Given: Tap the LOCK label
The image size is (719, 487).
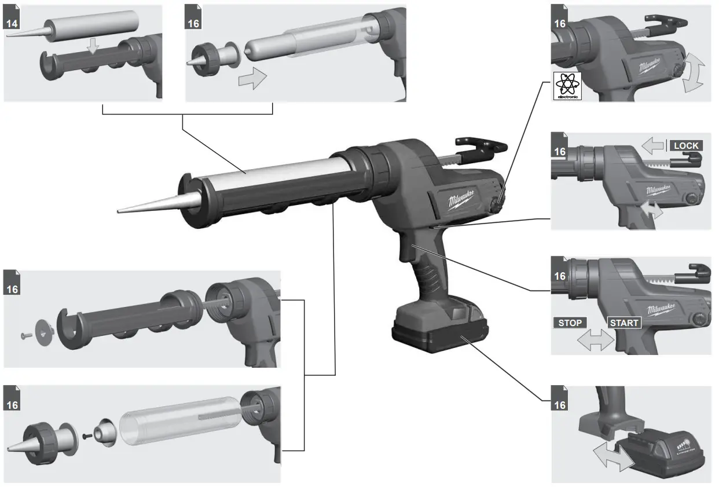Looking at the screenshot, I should click(x=685, y=145).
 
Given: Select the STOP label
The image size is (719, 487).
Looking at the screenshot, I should click(x=570, y=323).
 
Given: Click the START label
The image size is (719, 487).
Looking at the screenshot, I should click(x=624, y=323).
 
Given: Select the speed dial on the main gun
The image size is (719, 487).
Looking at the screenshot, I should click(x=496, y=204).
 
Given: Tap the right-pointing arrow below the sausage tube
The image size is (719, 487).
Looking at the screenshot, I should click(x=253, y=78).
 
